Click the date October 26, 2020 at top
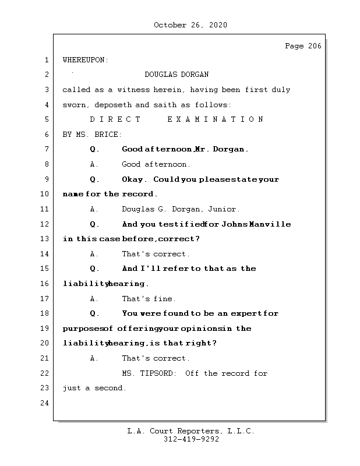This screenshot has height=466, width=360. pyautogui.click(x=190, y=25)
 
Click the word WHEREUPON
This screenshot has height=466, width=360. pyautogui.click(x=84, y=60)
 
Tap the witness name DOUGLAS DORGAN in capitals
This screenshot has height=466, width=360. pyautogui.click(x=177, y=75)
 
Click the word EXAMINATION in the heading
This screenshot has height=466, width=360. pyautogui.click(x=216, y=119)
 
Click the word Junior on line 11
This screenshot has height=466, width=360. pyautogui.click(x=223, y=209)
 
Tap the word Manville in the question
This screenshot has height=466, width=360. pyautogui.click(x=271, y=224)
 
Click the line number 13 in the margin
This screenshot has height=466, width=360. pyautogui.click(x=45, y=239)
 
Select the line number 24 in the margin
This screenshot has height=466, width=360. pyautogui.click(x=45, y=403)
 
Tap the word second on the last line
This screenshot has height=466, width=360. pyautogui.click(x=110, y=388)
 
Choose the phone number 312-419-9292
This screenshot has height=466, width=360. pyautogui.click(x=191, y=440)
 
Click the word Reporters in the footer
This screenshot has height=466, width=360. pyautogui.click(x=195, y=431)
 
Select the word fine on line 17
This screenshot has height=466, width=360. pyautogui.click(x=164, y=299)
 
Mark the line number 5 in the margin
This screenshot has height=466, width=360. pyautogui.click(x=45, y=119)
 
